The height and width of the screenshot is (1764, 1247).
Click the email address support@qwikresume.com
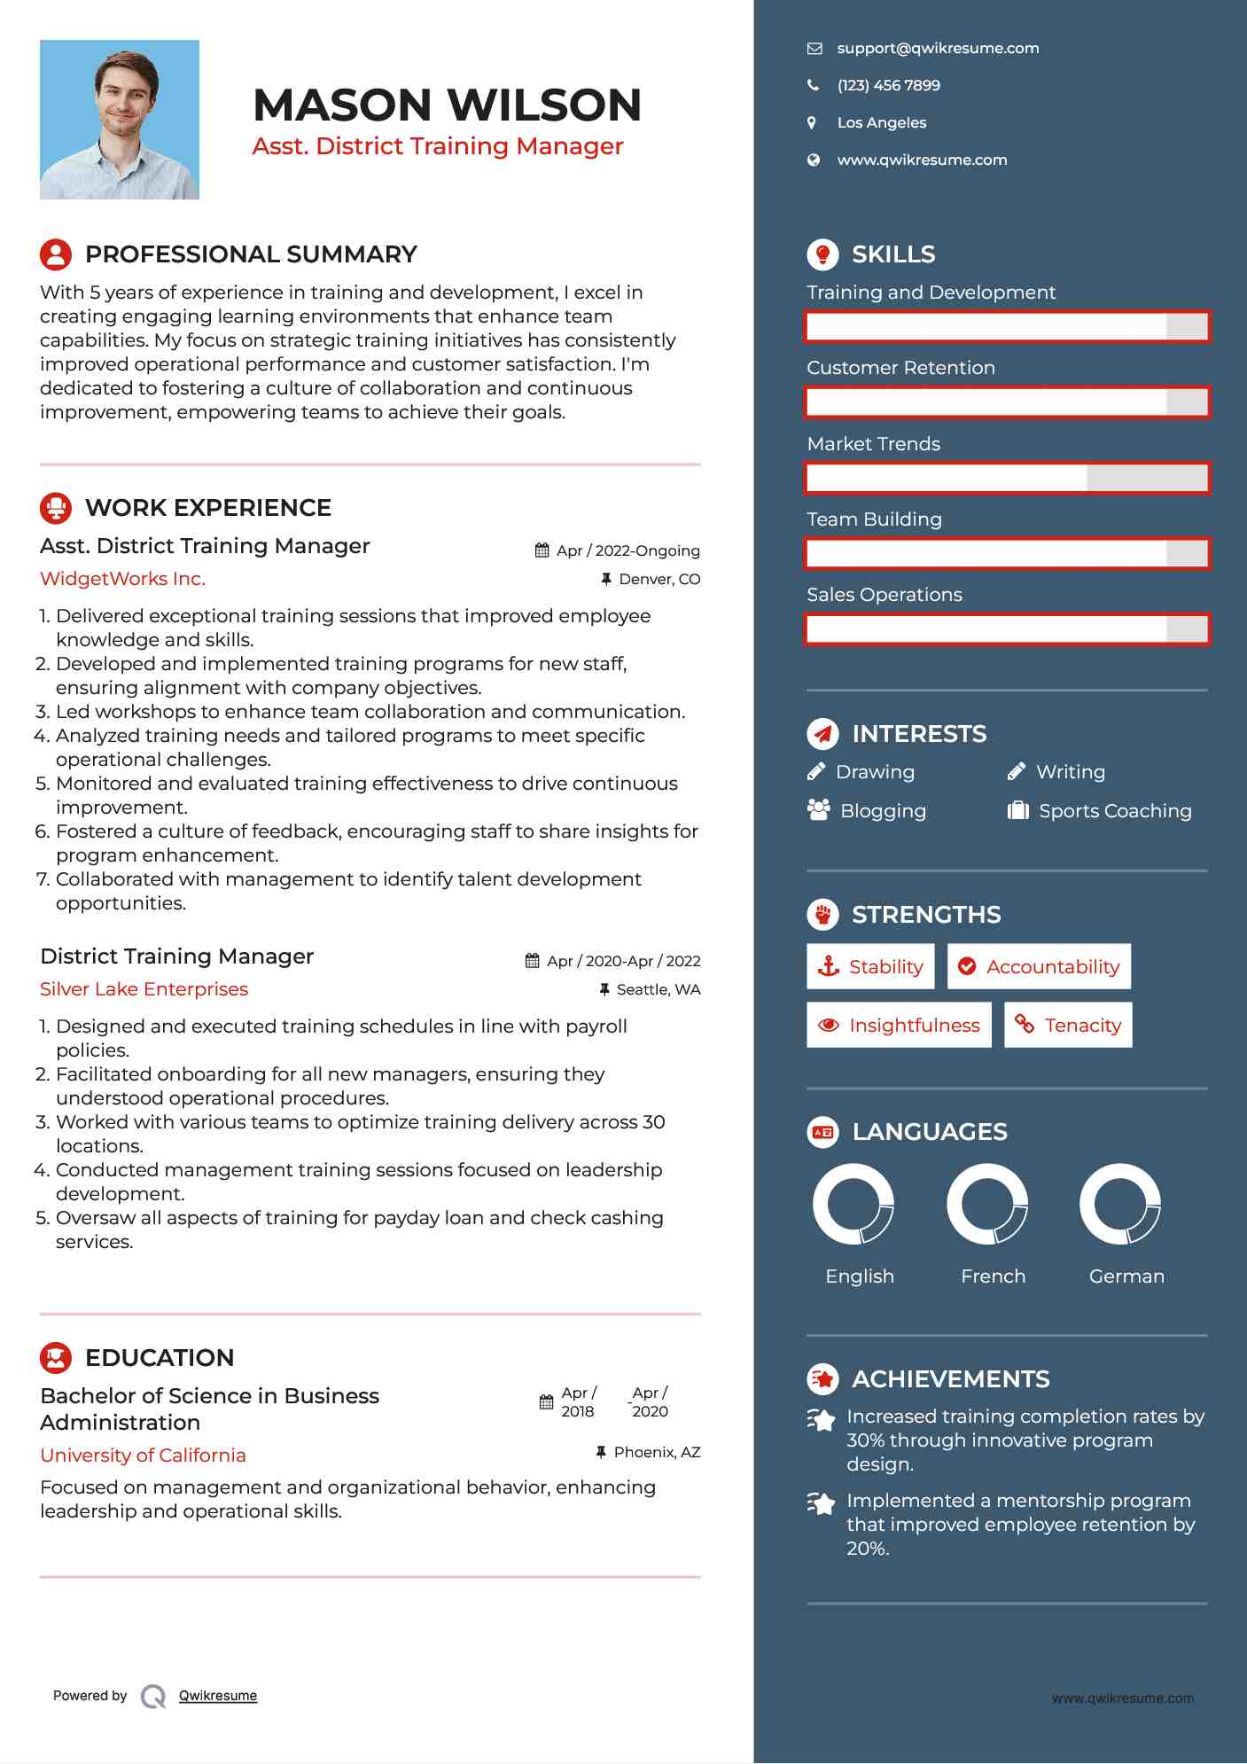click(x=938, y=49)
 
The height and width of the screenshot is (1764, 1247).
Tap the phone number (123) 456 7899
click(x=888, y=86)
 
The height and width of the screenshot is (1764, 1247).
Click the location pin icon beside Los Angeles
click(x=812, y=123)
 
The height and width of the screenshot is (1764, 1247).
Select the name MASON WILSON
click(x=447, y=105)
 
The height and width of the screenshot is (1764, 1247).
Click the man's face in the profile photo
click(x=124, y=93)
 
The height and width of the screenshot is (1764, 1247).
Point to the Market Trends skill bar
click(x=1007, y=479)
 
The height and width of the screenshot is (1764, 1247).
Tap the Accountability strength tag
click(x=1039, y=967)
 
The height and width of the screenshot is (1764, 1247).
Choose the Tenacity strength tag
click(x=1068, y=1026)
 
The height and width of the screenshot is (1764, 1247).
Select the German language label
click(x=1126, y=1276)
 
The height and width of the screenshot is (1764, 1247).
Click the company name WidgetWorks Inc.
click(x=122, y=579)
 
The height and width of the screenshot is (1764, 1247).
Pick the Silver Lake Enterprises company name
click(x=144, y=989)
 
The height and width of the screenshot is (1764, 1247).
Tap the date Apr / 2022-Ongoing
click(x=627, y=550)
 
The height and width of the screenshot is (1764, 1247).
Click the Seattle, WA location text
click(x=658, y=990)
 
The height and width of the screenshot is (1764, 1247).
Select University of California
click(x=143, y=1456)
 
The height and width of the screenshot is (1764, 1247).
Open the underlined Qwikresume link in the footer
click(x=218, y=1696)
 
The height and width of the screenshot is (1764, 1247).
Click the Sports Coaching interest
click(x=1115, y=811)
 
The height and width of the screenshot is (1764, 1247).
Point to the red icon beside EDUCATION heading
click(x=56, y=1358)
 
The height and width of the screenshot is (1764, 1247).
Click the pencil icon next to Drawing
click(x=816, y=772)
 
